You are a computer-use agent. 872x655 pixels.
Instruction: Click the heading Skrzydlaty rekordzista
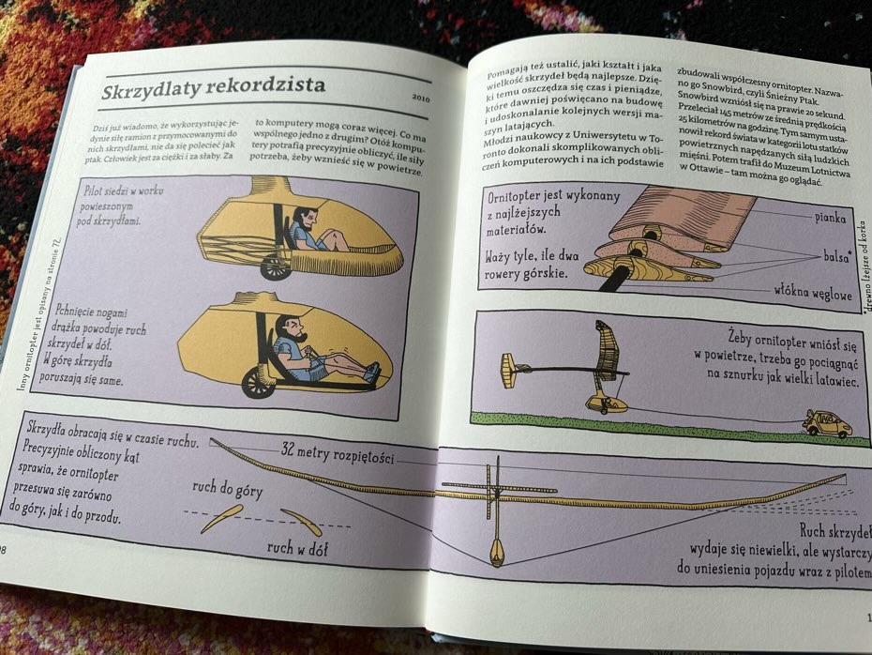click(x=214, y=85)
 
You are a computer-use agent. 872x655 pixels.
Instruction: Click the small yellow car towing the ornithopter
click(x=826, y=424)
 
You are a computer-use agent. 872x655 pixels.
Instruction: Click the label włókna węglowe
click(x=813, y=292)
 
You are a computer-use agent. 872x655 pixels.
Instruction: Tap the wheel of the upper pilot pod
click(x=275, y=267)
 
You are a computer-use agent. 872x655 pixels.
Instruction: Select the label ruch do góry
click(x=229, y=491)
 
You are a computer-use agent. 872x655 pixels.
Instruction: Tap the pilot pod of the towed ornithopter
click(x=605, y=404)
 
